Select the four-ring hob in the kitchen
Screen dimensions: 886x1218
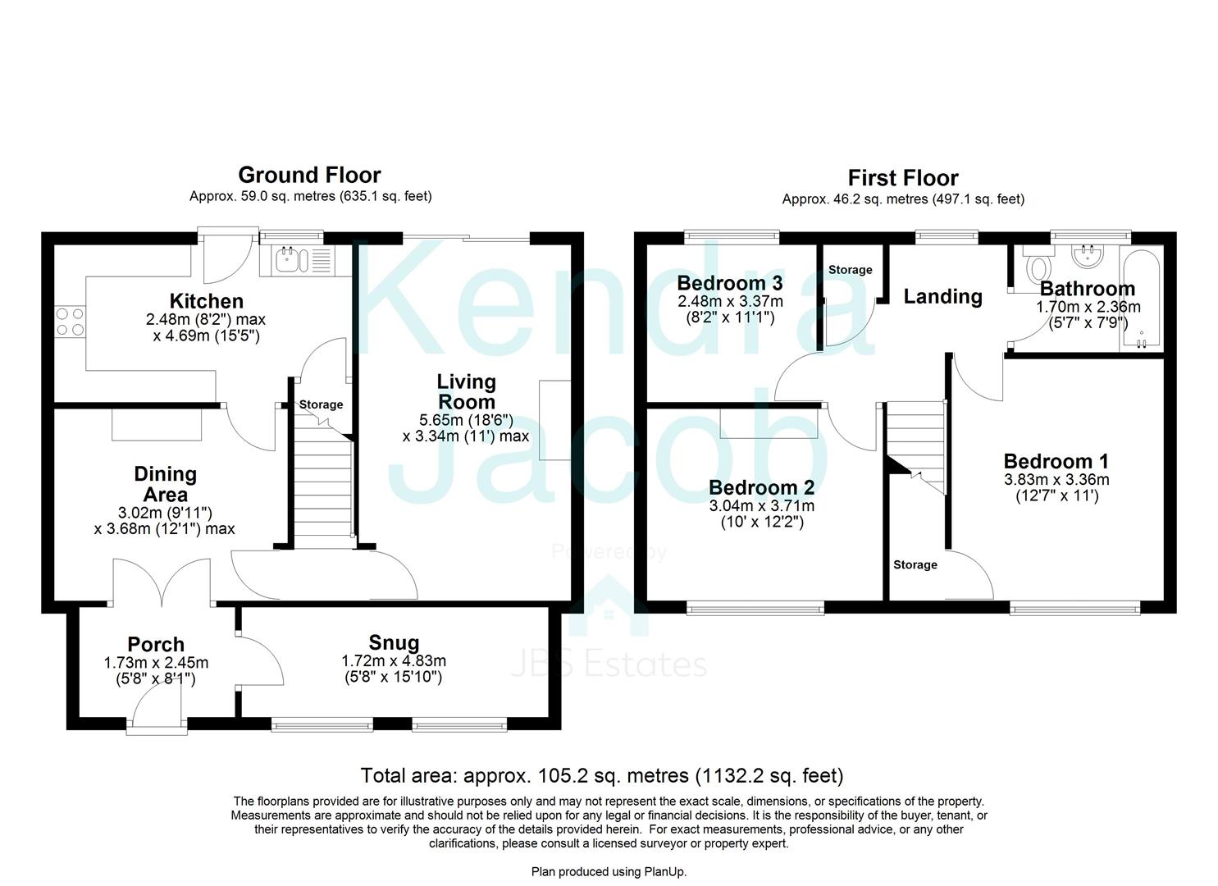[70, 321]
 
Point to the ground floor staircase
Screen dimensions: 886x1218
[322, 484]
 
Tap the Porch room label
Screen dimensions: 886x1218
[156, 645]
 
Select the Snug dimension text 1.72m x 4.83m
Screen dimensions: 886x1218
[394, 661]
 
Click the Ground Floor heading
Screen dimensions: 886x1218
[309, 175]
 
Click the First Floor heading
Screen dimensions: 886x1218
[902, 178]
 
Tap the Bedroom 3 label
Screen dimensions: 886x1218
[729, 284]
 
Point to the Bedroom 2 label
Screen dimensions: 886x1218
[761, 488]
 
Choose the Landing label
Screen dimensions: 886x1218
[942, 296]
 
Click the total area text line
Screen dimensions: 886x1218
[601, 775]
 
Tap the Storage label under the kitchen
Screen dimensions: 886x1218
[321, 404]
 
